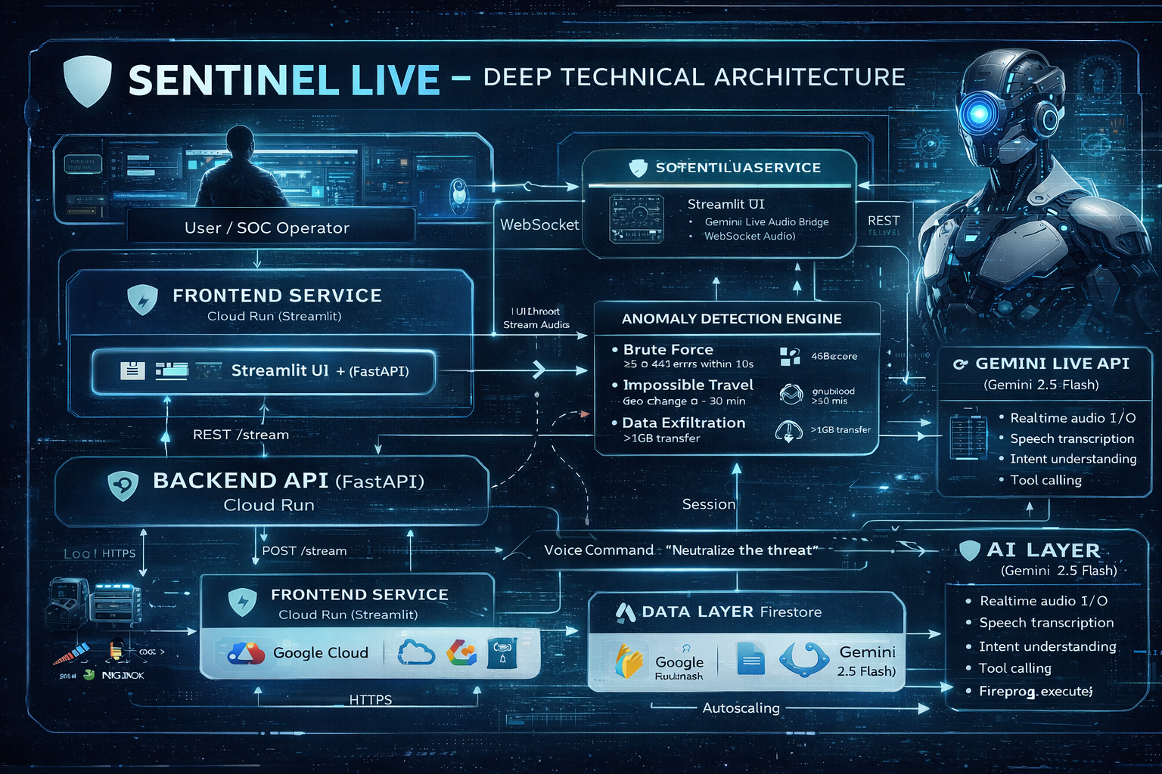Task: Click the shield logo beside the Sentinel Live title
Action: pos(87,81)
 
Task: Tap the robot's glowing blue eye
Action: pos(979,114)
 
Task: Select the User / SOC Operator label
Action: pos(267,228)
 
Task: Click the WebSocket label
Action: pos(539,224)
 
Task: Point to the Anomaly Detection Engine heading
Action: pos(732,319)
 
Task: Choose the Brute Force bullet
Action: pos(668,350)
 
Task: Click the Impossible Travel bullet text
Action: pos(688,385)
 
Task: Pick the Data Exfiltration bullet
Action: pos(683,423)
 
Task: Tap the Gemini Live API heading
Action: pos(1052,364)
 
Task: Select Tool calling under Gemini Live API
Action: pos(1045,481)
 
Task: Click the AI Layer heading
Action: pos(1043,550)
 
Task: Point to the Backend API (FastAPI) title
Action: pos(288,481)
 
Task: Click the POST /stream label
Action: pos(304,551)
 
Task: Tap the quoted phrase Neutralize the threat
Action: pos(741,550)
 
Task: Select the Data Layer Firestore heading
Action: pos(731,612)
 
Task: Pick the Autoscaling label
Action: pos(741,708)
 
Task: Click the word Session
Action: pos(708,504)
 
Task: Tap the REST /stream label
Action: pos(241,435)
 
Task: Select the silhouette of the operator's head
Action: pos(241,141)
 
